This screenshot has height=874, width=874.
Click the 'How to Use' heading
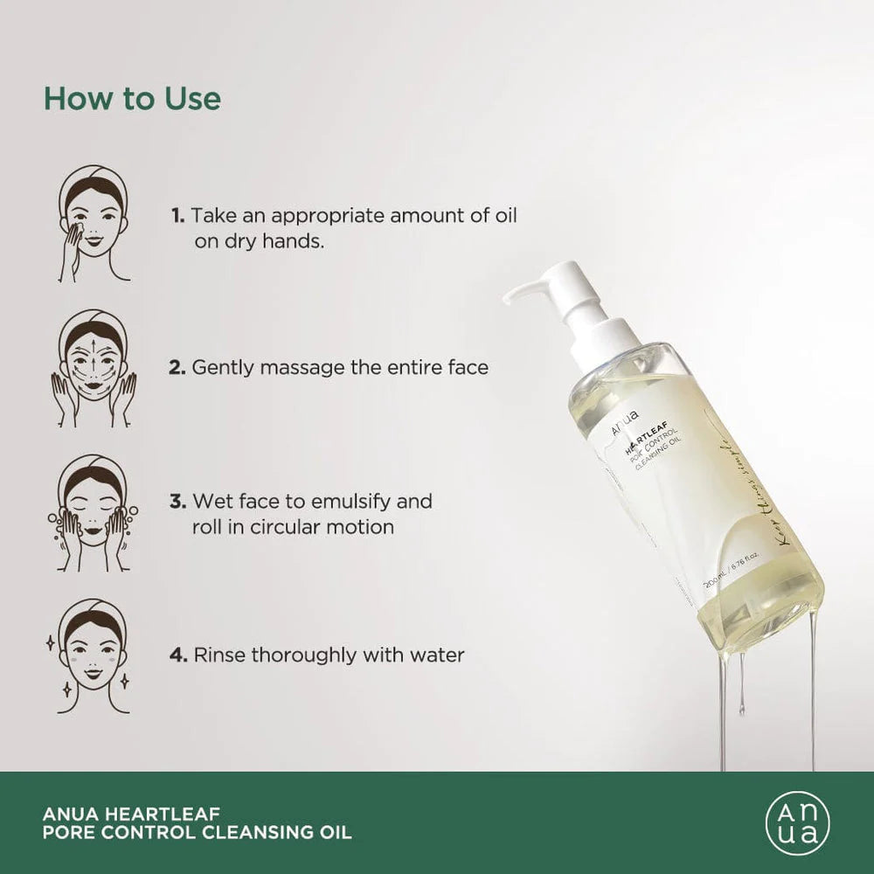click(132, 99)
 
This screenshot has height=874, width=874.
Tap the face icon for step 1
click(94, 223)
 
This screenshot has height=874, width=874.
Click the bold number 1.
click(177, 215)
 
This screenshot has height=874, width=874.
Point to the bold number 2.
click(177, 368)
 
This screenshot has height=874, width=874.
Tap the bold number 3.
click(177, 502)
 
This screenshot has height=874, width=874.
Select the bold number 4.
click(178, 655)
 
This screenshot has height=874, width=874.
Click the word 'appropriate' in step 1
click(320, 215)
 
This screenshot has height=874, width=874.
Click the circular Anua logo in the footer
click(797, 822)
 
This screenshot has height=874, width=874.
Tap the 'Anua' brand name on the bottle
click(626, 417)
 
